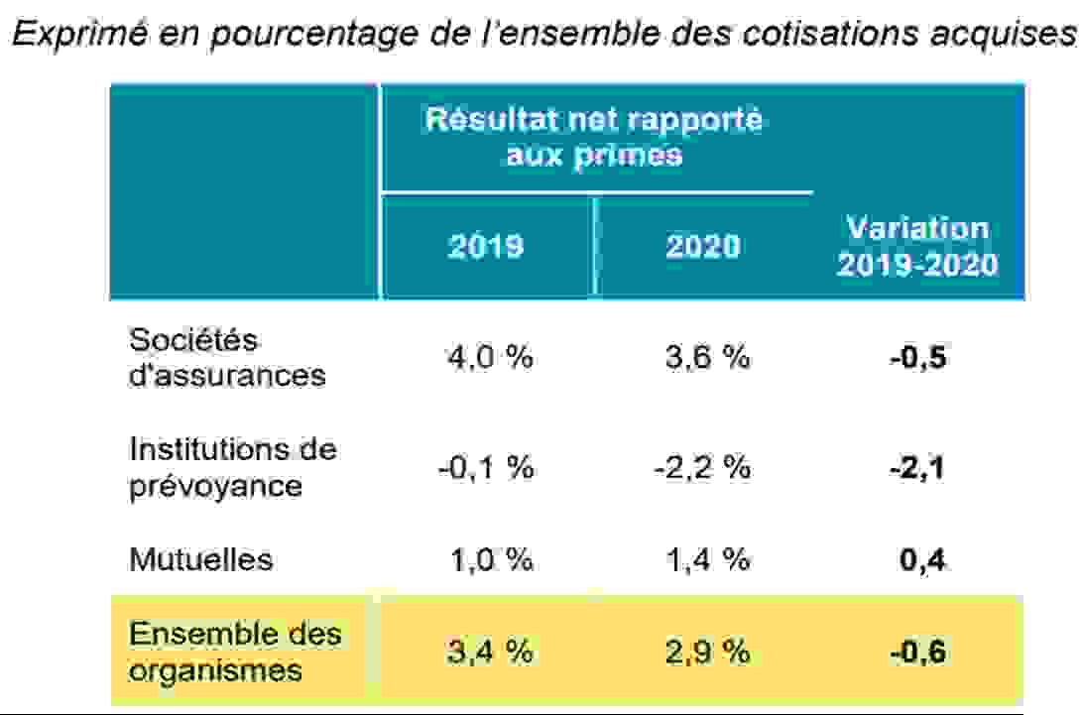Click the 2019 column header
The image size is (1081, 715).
click(x=486, y=246)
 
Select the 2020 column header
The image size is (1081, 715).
click(x=703, y=246)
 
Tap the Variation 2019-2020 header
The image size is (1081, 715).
click(x=917, y=246)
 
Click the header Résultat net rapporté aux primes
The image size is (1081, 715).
click(x=594, y=137)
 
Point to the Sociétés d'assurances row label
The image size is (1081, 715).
click(x=227, y=357)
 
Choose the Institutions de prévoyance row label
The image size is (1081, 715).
click(x=232, y=467)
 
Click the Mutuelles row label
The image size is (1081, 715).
click(x=200, y=559)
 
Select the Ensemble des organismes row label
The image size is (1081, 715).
click(x=234, y=652)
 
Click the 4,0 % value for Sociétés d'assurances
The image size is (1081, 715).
click(x=490, y=357)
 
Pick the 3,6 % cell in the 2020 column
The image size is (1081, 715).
click(x=707, y=357)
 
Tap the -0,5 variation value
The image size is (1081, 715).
click(x=917, y=358)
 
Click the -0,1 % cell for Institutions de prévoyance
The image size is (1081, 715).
click(x=486, y=468)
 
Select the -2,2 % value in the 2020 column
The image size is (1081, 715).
click(x=702, y=468)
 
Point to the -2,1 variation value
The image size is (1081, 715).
click(x=917, y=468)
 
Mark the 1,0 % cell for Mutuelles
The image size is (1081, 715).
click(x=492, y=559)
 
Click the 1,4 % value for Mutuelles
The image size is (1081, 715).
click(x=708, y=559)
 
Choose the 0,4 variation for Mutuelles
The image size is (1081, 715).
click(x=922, y=559)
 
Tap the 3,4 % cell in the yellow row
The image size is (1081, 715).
click(x=490, y=651)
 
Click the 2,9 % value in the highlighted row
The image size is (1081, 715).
click(x=707, y=651)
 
